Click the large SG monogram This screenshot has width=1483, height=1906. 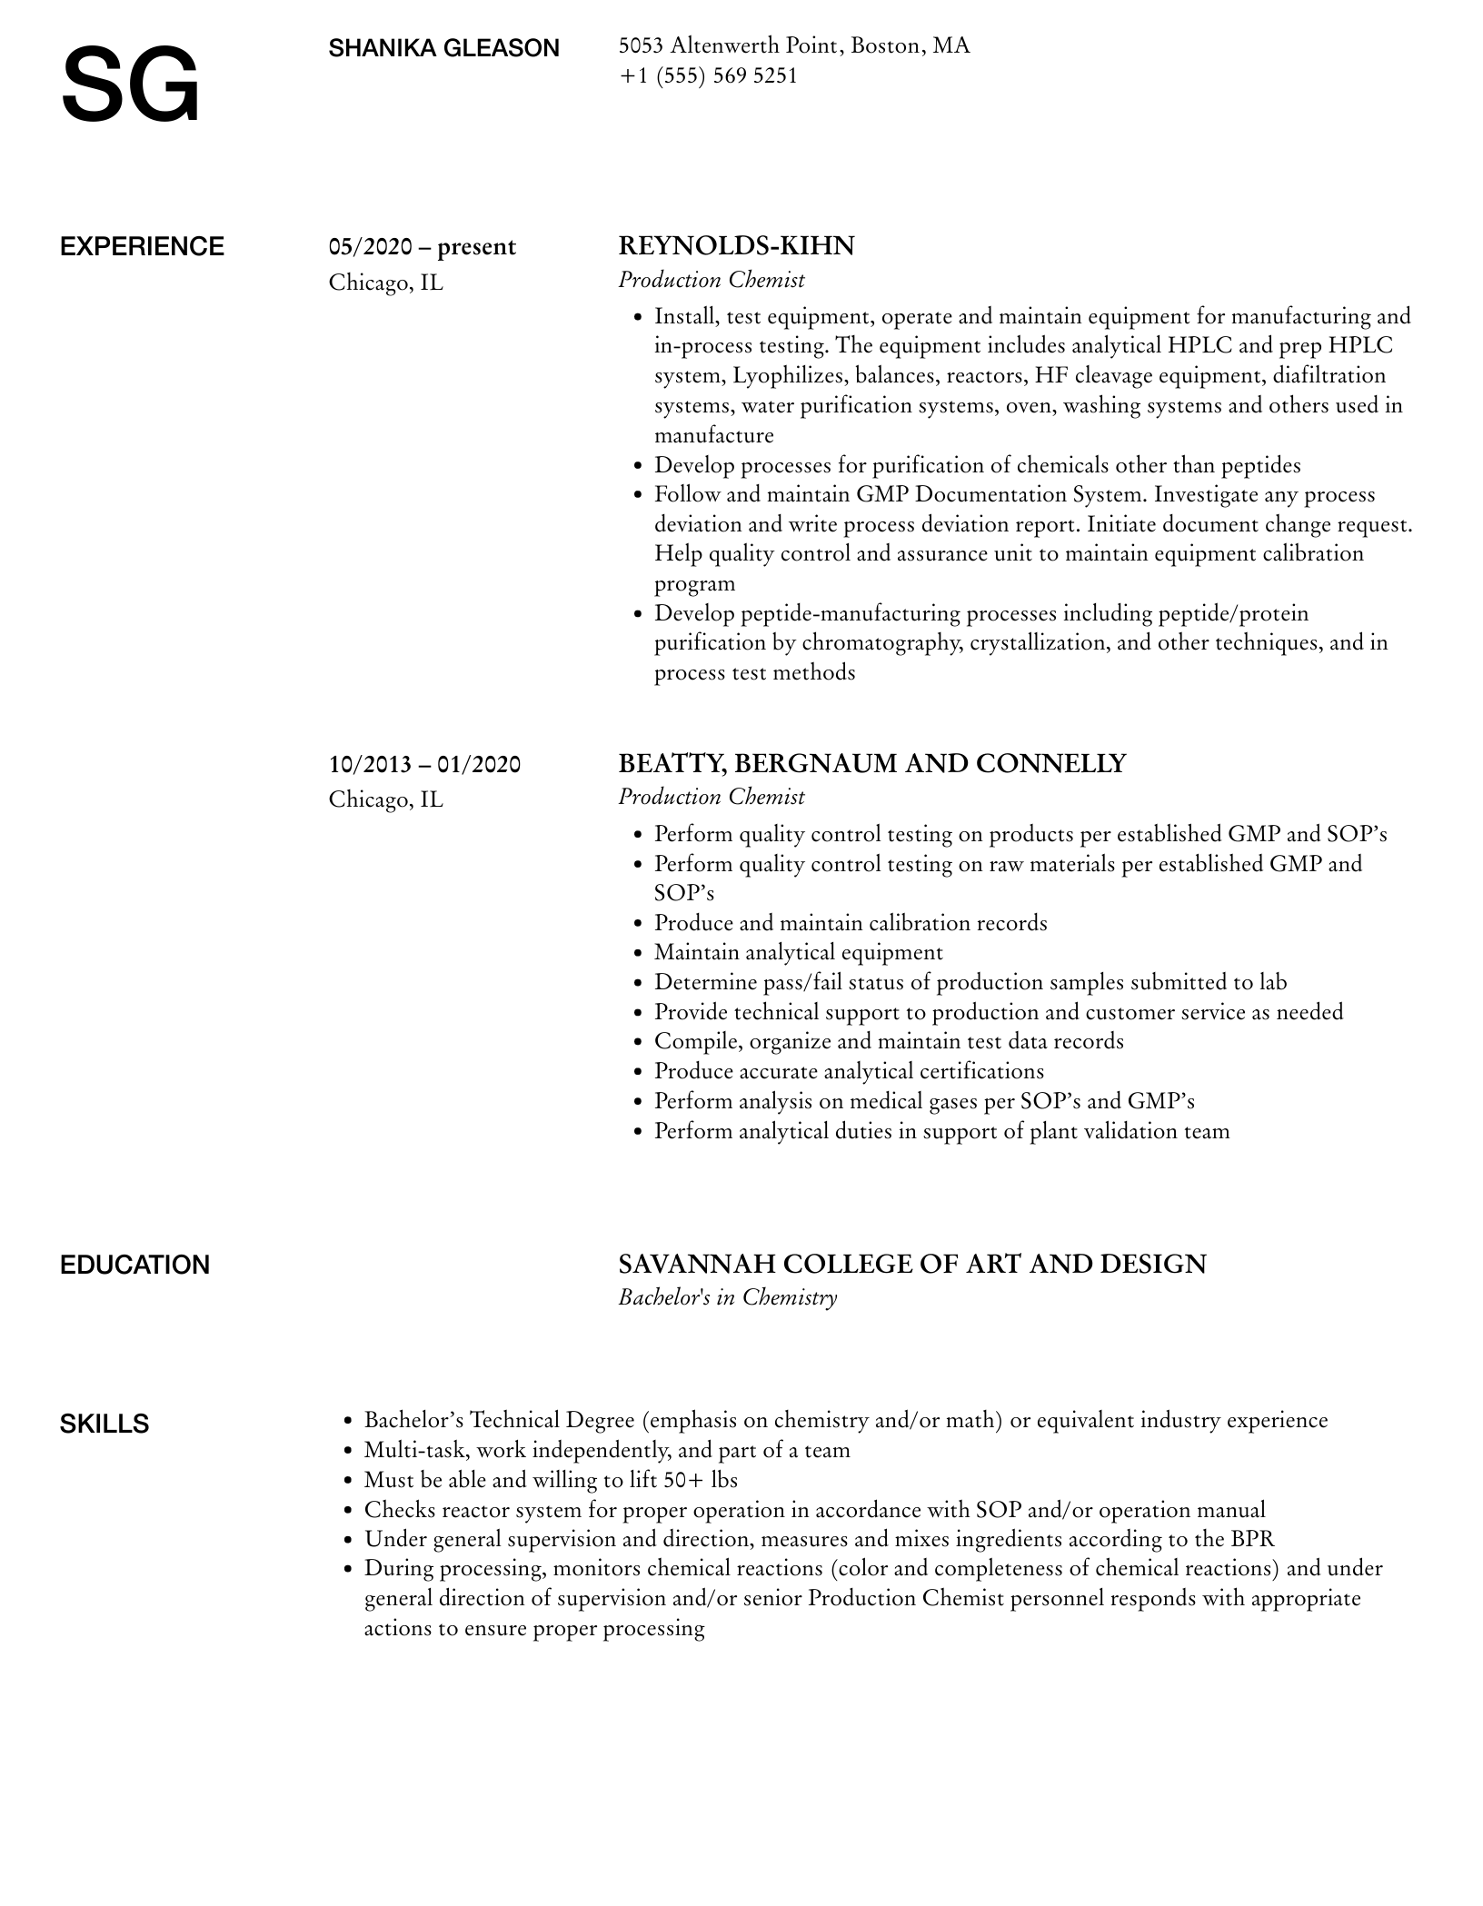(x=130, y=85)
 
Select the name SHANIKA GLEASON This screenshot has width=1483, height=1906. (x=443, y=48)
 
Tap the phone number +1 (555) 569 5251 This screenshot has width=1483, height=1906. (x=708, y=75)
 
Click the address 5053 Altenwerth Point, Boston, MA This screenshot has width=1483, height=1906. (x=793, y=45)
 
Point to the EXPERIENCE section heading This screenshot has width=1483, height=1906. (x=142, y=247)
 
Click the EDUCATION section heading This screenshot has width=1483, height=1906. (x=134, y=1265)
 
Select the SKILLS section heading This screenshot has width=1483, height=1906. (x=105, y=1424)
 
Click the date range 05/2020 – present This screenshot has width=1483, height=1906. (x=422, y=247)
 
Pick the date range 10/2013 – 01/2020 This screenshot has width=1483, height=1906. (x=424, y=764)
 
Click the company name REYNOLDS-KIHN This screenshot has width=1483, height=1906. (x=736, y=246)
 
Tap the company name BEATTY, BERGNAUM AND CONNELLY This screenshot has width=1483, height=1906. (x=871, y=763)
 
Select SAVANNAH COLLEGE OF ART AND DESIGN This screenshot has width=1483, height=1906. (x=911, y=1264)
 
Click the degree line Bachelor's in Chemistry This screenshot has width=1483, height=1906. (x=727, y=1296)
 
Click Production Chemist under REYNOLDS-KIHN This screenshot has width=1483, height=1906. (x=712, y=280)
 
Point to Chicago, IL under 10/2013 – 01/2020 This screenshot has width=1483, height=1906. (x=385, y=799)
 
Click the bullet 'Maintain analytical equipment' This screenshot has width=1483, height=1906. (x=798, y=952)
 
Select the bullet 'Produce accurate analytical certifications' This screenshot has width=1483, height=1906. (x=849, y=1071)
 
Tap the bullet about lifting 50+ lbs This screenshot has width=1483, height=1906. (x=550, y=1480)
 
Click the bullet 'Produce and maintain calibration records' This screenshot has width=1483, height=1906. (x=851, y=923)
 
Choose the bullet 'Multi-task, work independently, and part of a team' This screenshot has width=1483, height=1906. (x=606, y=1450)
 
